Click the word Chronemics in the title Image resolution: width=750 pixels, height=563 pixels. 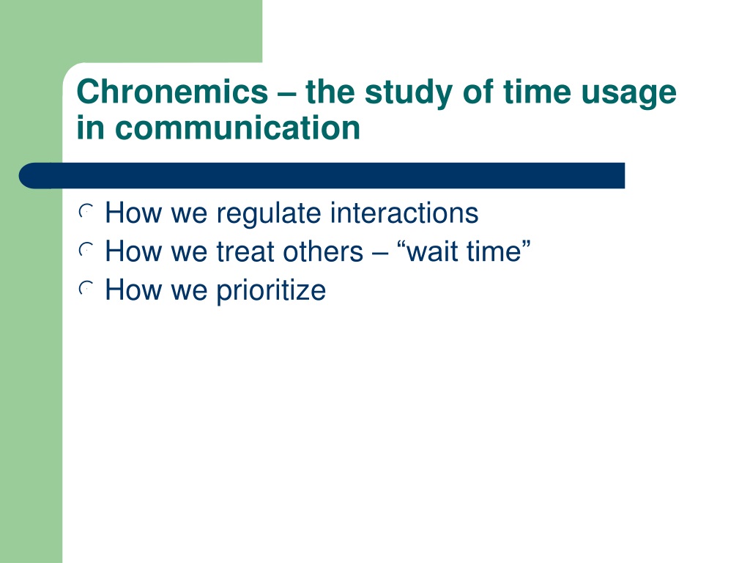172,92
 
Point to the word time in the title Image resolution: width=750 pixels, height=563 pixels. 537,92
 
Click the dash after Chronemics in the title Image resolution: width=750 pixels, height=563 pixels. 287,94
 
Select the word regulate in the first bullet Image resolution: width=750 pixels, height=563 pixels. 269,215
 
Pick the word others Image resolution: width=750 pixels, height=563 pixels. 323,251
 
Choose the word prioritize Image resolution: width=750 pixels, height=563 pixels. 271,292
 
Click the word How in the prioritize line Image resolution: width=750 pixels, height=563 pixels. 133,290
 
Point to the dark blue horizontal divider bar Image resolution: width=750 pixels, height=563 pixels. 322,176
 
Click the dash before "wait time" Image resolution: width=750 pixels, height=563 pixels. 380,253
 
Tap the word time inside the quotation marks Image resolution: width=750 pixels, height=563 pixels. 494,252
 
